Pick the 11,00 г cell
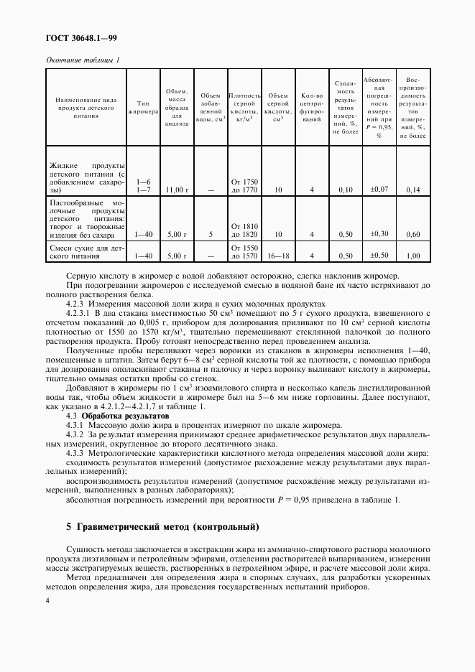point(176,190)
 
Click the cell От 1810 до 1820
point(244,230)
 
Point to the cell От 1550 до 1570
point(244,251)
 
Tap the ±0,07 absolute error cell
point(379,188)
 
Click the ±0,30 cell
point(379,233)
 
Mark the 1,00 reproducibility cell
point(412,256)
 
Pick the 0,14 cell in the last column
point(412,190)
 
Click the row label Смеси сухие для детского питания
point(86,251)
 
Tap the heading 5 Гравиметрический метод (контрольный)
point(162,526)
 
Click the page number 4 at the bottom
point(47,599)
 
